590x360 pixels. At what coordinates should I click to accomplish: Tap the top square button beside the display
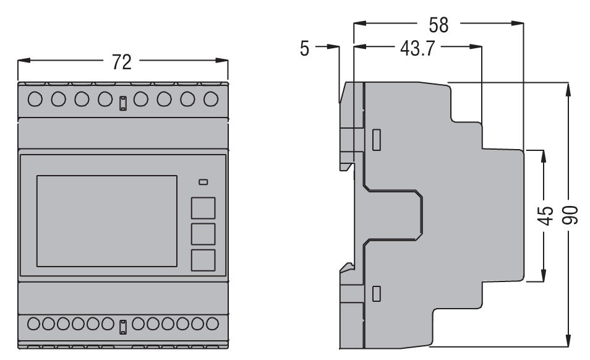tap(203, 208)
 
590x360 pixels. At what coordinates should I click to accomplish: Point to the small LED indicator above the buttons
tap(203, 182)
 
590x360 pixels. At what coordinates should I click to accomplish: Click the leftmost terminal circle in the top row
tap(35, 98)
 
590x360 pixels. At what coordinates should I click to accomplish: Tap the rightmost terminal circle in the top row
tap(211, 98)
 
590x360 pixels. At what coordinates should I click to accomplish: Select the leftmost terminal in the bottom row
tap(34, 323)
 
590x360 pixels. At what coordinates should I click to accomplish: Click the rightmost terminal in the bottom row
tap(212, 323)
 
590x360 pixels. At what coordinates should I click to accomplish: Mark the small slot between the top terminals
tap(123, 103)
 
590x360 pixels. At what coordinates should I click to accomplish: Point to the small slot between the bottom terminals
tap(123, 325)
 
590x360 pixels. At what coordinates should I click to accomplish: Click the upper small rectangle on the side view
tap(376, 139)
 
